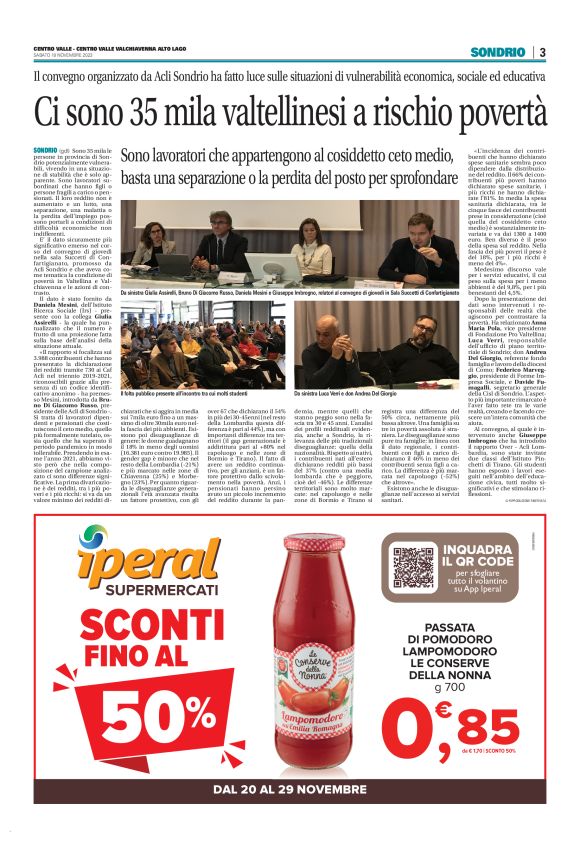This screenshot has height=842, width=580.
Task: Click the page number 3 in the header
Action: pyautogui.click(x=541, y=52)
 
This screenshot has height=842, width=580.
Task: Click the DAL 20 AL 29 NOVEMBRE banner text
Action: pyautogui.click(x=289, y=790)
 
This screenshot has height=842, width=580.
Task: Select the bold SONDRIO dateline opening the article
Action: pyautogui.click(x=46, y=149)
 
